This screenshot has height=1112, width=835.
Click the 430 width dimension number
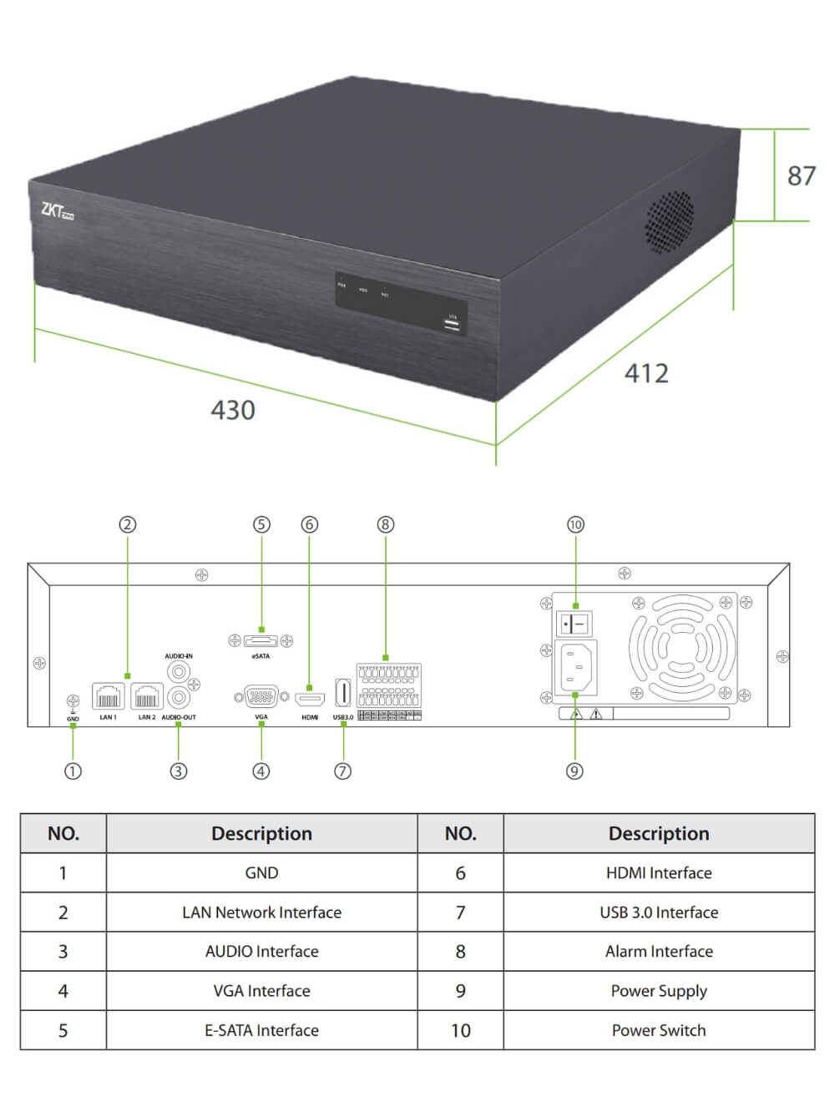pyautogui.click(x=232, y=410)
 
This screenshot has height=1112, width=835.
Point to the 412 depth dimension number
pyautogui.click(x=646, y=372)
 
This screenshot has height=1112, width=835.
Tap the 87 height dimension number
pyautogui.click(x=801, y=175)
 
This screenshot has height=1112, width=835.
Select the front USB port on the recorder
pyautogui.click(x=453, y=324)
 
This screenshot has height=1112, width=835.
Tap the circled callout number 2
pyautogui.click(x=127, y=524)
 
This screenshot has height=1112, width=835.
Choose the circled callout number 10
pyautogui.click(x=575, y=524)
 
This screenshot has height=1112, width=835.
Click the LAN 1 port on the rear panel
pyautogui.click(x=109, y=696)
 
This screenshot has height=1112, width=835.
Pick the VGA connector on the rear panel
pyautogui.click(x=261, y=697)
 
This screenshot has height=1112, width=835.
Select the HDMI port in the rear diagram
pyautogui.click(x=310, y=698)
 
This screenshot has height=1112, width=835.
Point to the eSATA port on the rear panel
pyautogui.click(x=261, y=641)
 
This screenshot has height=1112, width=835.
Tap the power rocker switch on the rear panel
pyautogui.click(x=575, y=623)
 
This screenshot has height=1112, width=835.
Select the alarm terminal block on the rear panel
pyautogui.click(x=388, y=686)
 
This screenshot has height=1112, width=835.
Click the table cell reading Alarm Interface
pyautogui.click(x=659, y=952)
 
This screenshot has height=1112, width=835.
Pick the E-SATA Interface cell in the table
pyautogui.click(x=261, y=1030)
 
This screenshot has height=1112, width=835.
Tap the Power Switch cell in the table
pyautogui.click(x=659, y=1030)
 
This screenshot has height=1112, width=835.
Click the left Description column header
pyautogui.click(x=261, y=833)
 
